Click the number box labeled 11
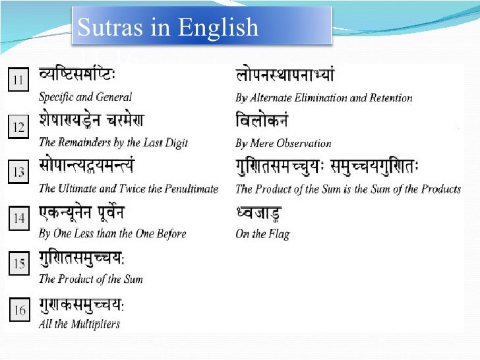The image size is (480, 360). (18, 82)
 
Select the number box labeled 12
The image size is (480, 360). (18, 127)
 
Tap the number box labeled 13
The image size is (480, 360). (18, 173)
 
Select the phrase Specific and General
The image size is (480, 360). (85, 97)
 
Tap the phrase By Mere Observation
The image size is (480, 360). (284, 143)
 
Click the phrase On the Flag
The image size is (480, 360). (262, 234)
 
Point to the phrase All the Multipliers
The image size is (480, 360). (79, 324)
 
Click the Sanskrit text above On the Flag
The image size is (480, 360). (258, 214)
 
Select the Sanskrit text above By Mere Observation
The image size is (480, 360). (262, 122)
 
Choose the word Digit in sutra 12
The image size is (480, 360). (175, 142)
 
